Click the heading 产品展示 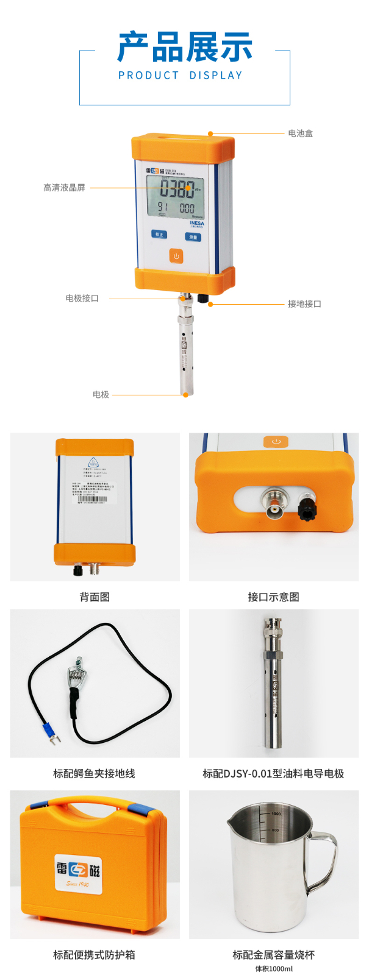pyautogui.click(x=184, y=48)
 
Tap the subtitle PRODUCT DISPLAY pyautogui.click(x=181, y=76)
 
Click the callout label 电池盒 pyautogui.click(x=300, y=133)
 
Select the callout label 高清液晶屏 pyautogui.click(x=64, y=188)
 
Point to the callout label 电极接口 pyautogui.click(x=82, y=299)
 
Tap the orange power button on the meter pyautogui.click(x=176, y=256)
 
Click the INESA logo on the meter pyautogui.click(x=196, y=223)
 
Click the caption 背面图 pyautogui.click(x=95, y=597)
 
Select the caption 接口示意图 pyautogui.click(x=273, y=597)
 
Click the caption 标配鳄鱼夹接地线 pyautogui.click(x=94, y=774)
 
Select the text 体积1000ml pyautogui.click(x=273, y=969)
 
